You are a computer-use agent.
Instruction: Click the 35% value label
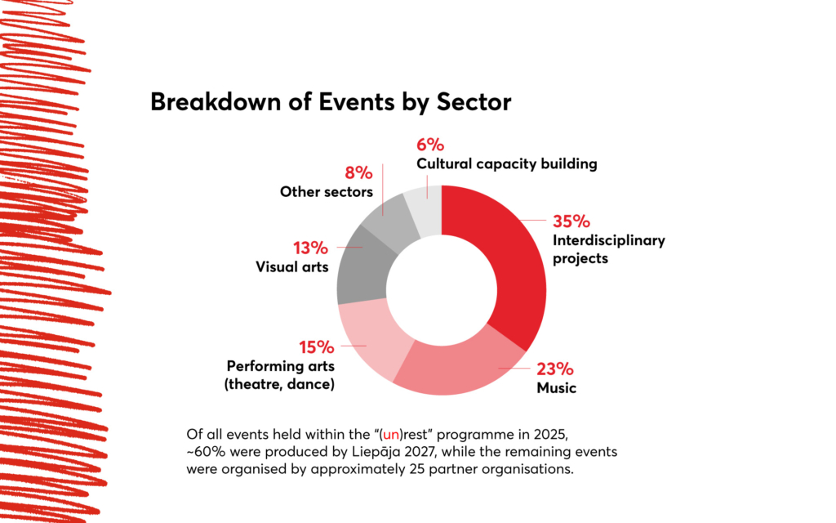(x=571, y=221)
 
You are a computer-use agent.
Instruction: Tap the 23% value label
(x=555, y=369)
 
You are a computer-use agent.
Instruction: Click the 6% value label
(x=430, y=145)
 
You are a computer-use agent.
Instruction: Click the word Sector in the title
(x=474, y=102)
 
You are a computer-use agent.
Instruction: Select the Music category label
(x=556, y=387)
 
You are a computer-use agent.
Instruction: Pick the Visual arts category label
(x=292, y=267)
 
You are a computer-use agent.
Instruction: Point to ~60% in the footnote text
(x=203, y=451)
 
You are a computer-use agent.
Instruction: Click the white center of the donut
(x=441, y=290)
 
